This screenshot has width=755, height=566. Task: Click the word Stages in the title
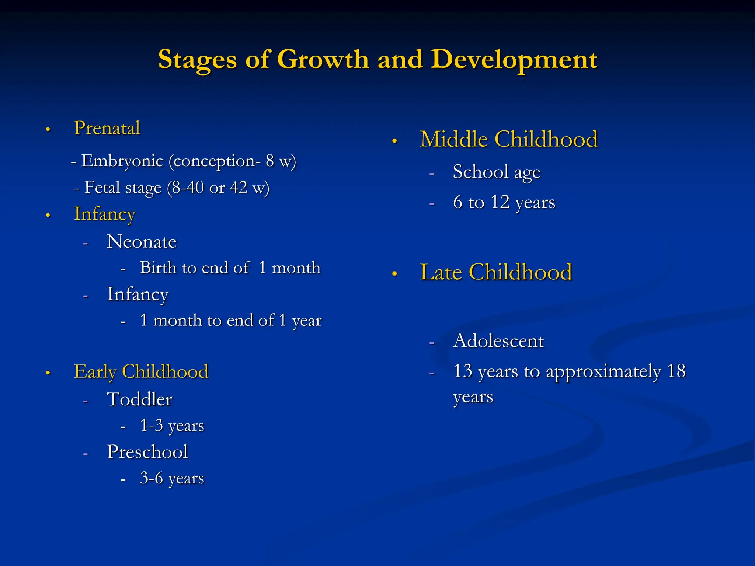coord(197,60)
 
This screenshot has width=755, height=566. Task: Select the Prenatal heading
coord(107,128)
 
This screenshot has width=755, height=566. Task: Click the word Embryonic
coord(122,161)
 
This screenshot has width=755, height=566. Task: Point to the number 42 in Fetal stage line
coord(239,188)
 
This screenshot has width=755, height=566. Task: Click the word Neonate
coord(142,242)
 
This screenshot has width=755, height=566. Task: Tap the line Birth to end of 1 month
coord(230,268)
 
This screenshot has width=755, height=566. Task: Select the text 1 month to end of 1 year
coord(231,321)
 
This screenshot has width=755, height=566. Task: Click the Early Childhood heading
coord(141,371)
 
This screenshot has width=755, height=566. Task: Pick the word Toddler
coord(139,399)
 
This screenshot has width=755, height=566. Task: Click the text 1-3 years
coord(172,426)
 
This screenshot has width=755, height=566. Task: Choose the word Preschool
coord(147,452)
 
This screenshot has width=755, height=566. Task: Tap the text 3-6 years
coord(172,479)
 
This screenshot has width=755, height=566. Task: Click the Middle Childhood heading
coord(509,139)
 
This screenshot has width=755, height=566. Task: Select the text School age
coord(497,172)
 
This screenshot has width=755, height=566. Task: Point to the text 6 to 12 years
coord(504,202)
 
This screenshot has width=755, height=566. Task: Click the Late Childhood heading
coord(496,272)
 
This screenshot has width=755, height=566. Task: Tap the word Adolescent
coord(498,341)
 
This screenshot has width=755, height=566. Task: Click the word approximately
coord(603,371)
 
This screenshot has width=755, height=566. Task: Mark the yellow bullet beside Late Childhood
coord(394,274)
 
